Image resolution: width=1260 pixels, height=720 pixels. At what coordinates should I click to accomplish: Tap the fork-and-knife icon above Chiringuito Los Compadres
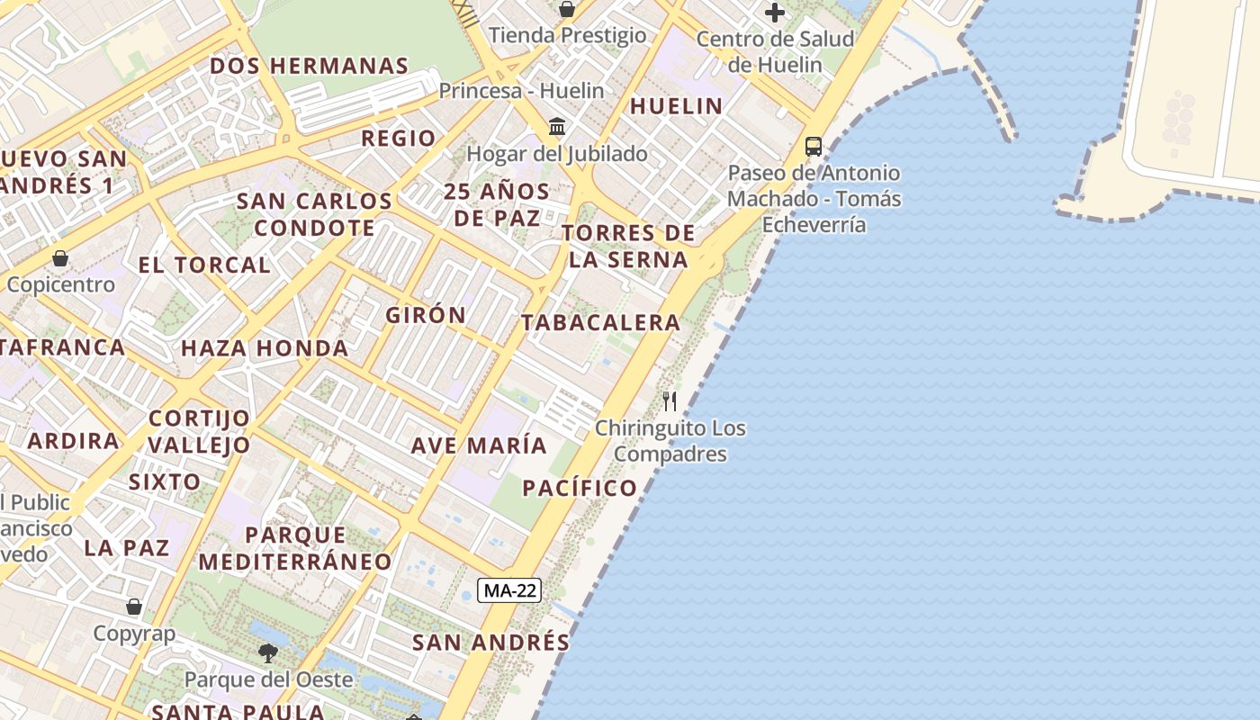[670, 401]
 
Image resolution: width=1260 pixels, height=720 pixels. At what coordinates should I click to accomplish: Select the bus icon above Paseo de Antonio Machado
[814, 146]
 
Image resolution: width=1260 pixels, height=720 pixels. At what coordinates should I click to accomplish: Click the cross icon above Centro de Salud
[774, 13]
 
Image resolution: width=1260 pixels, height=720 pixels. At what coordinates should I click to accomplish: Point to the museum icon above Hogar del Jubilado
[557, 126]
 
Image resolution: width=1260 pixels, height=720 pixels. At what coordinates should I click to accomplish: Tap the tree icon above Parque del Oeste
[267, 652]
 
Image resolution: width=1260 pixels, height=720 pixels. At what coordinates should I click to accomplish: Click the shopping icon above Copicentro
[60, 258]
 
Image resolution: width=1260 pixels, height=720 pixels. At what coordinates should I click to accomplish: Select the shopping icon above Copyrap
[134, 607]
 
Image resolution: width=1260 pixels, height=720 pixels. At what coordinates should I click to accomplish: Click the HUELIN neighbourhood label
[676, 106]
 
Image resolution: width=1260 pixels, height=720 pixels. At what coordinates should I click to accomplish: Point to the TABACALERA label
[600, 322]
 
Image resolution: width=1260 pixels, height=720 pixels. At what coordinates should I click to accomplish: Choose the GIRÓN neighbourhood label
[426, 315]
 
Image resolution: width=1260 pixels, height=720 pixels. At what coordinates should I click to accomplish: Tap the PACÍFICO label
[580, 488]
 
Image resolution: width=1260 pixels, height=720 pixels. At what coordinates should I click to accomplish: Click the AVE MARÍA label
[479, 445]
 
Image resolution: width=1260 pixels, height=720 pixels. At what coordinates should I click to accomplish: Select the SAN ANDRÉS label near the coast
[490, 643]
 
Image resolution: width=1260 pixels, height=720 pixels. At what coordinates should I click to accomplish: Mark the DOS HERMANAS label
[310, 66]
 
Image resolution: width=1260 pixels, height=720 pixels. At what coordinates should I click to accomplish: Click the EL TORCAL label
[203, 265]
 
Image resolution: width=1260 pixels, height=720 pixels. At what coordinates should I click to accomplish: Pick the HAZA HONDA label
[265, 348]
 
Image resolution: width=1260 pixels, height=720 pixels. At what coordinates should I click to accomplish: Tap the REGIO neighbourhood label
[398, 139]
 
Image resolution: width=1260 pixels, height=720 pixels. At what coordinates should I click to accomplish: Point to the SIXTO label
[165, 481]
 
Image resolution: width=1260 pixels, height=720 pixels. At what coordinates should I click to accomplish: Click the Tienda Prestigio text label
[567, 35]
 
